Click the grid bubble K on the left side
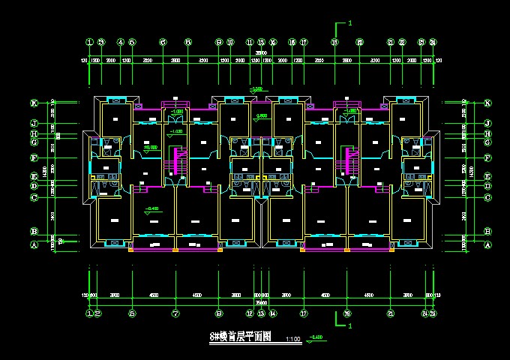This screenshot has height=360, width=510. [34, 103]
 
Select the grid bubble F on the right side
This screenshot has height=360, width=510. [487, 158]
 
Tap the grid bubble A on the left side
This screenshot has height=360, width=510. [34, 245]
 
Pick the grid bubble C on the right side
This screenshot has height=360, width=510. [487, 197]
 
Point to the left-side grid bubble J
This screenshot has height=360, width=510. [34, 123]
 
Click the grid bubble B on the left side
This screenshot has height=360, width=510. [34, 232]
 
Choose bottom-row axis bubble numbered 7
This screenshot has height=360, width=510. [175, 313]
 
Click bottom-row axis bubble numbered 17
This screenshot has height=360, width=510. [304, 313]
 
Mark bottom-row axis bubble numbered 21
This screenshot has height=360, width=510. [391, 313]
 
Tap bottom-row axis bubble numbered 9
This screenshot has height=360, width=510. [219, 313]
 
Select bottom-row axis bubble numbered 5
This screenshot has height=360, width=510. [132, 313]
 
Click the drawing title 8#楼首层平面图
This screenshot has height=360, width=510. [240, 337]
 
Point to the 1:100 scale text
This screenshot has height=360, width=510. [293, 340]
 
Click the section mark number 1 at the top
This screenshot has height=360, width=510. [350, 24]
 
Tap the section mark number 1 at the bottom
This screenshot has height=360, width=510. [350, 327]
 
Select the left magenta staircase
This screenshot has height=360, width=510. [178, 160]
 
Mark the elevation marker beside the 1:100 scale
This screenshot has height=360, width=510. [316, 338]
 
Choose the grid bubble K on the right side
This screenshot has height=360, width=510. [487, 103]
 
